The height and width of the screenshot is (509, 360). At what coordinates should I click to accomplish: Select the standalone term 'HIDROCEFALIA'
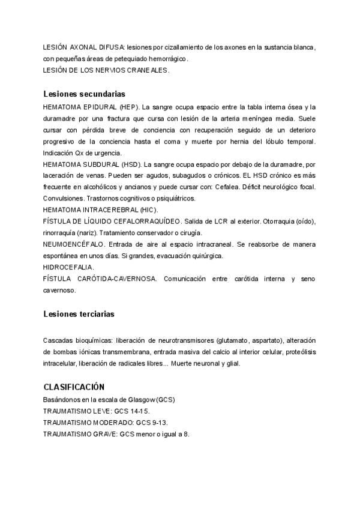click(x=68, y=267)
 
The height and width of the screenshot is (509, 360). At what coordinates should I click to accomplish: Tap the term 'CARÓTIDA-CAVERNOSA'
click(x=117, y=279)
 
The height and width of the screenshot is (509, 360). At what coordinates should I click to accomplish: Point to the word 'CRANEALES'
click(x=146, y=70)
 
